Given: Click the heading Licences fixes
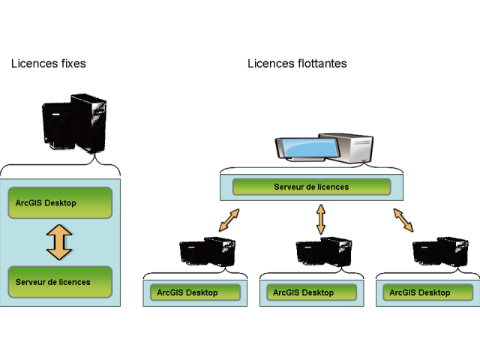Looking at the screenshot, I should pyautogui.click(x=48, y=64).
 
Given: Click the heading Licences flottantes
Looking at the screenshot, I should pyautogui.click(x=297, y=64).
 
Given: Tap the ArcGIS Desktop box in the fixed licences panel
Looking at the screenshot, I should pyautogui.click(x=59, y=203).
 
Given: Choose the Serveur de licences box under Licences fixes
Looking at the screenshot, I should pyautogui.click(x=59, y=282).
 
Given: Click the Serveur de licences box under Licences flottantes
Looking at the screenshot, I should pyautogui.click(x=311, y=187).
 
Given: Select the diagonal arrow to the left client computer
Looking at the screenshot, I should pyautogui.click(x=229, y=220).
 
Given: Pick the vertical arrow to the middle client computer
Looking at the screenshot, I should pyautogui.click(x=321, y=220).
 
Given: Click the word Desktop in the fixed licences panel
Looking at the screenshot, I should pyautogui.click(x=60, y=203).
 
